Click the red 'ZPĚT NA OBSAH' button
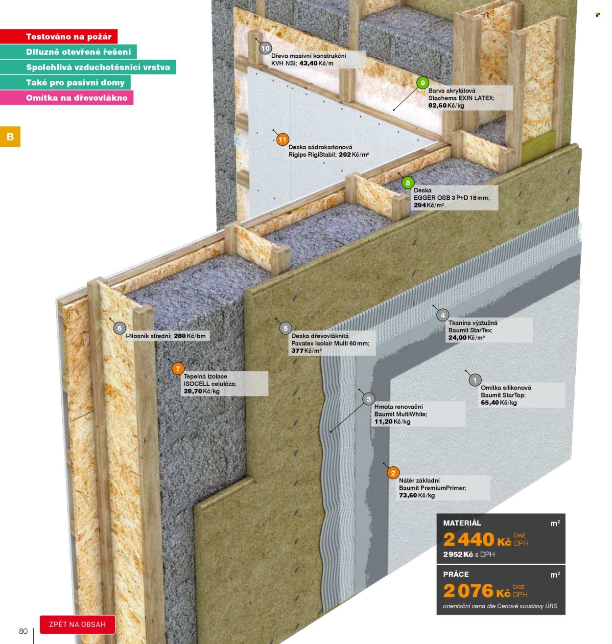coord(77,624)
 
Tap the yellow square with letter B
coord(10,137)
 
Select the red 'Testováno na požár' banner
coord(59,36)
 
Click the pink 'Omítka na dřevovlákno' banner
coord(67,97)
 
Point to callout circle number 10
coord(265,48)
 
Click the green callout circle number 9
coord(423,83)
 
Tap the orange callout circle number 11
coord(282,139)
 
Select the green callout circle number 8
coord(408,183)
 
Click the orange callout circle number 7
coord(178,369)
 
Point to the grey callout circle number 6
coord(119,328)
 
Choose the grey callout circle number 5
coord(285,328)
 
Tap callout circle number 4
coord(443,315)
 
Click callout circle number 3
coord(369,399)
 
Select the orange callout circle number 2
coord(393,473)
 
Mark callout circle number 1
coord(474,380)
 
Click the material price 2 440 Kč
coord(477,539)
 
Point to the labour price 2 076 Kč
coord(476,591)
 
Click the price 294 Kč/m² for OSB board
coord(429,205)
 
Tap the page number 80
coord(24,631)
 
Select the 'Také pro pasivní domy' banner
coord(65,83)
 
